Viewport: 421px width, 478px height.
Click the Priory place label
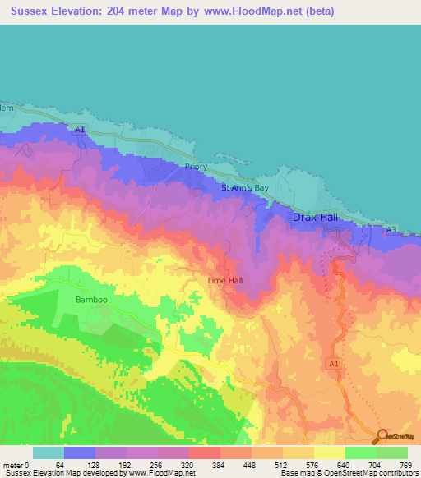click(196, 167)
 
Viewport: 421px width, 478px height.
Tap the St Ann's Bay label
click(245, 188)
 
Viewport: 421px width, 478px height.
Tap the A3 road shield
click(391, 229)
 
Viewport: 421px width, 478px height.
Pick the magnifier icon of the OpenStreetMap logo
click(384, 434)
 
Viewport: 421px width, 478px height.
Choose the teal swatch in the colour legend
click(48, 453)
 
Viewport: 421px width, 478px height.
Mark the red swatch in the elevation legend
click(204, 453)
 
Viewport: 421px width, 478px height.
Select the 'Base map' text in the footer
click(294, 473)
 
